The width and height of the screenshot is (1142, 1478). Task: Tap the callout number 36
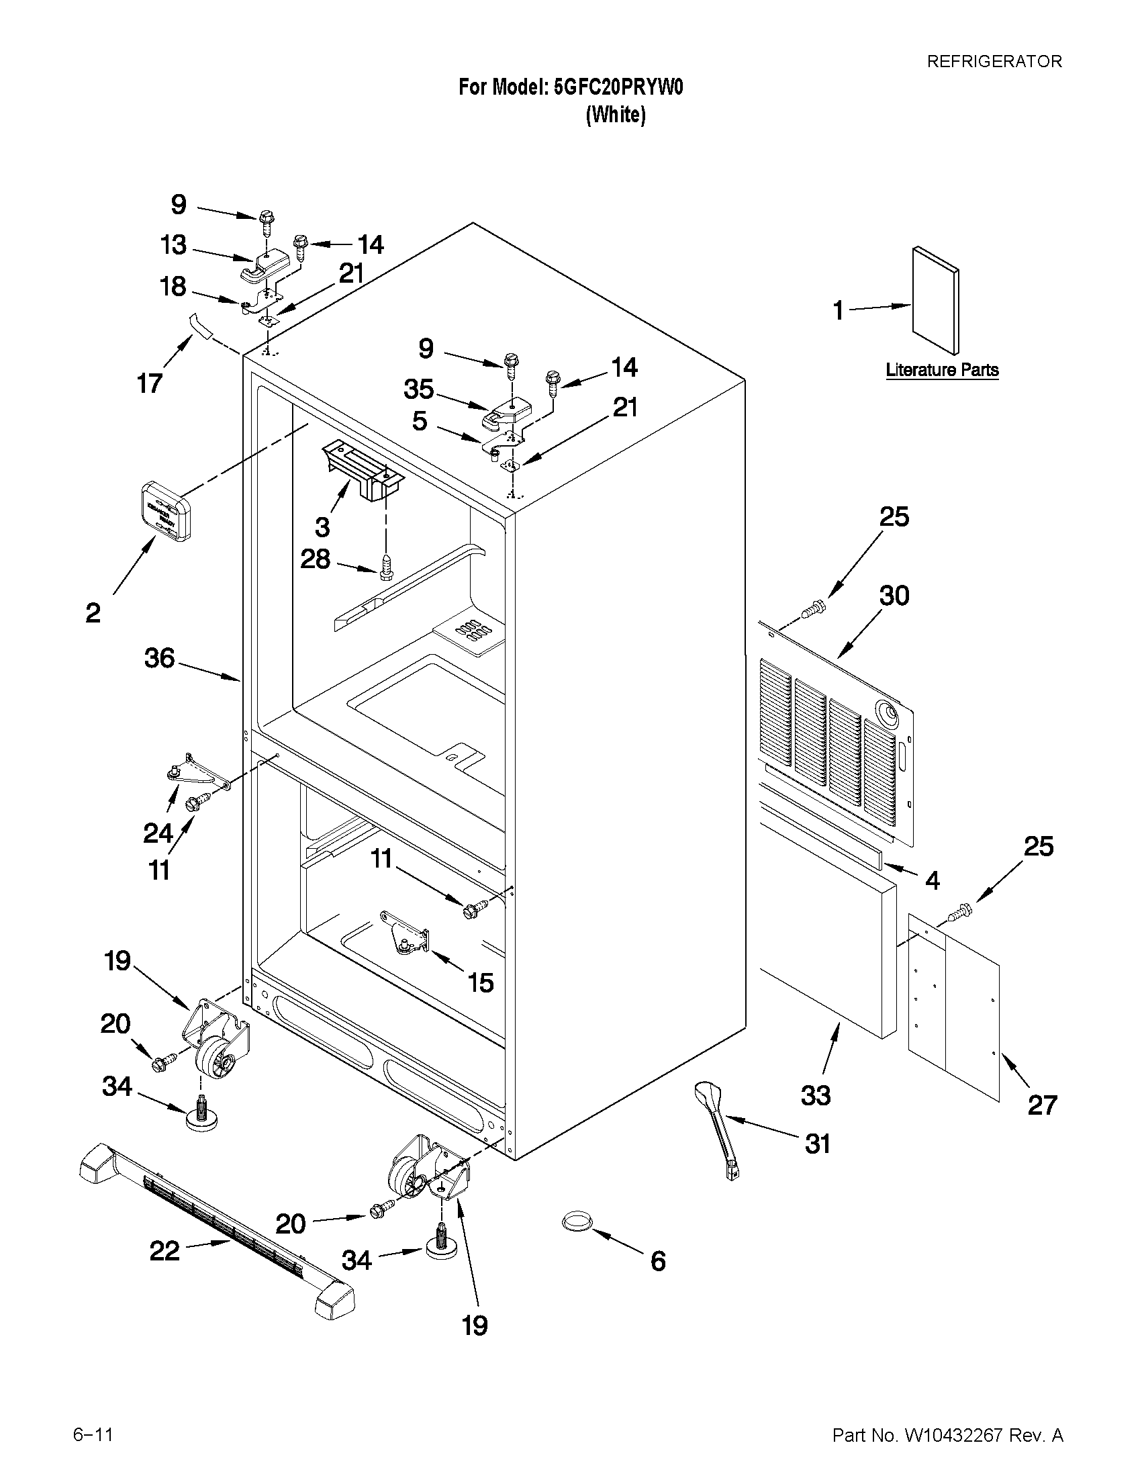pos(160,658)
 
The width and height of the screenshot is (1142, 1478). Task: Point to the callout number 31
pos(817,1144)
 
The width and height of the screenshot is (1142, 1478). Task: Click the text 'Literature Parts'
pos(942,370)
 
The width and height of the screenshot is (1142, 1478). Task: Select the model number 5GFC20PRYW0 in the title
pos(618,87)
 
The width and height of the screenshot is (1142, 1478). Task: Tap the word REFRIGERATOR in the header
pos(994,62)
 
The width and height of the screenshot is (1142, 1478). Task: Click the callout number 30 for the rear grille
pos(894,596)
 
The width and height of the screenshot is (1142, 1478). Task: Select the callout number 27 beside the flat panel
pos(1042,1105)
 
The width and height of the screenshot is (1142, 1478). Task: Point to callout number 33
pos(816,1095)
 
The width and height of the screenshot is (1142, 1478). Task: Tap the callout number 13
pos(173,244)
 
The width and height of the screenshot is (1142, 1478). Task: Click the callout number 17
pos(150,383)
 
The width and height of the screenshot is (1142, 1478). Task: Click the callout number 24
pos(158,833)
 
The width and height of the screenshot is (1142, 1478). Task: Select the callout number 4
pos(933,880)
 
